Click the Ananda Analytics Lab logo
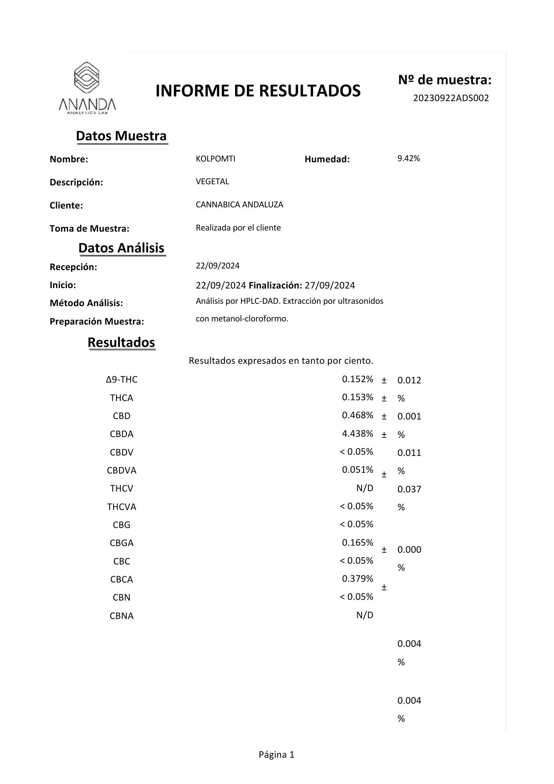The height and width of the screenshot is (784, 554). click(87, 88)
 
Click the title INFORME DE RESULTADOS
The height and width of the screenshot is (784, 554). click(258, 91)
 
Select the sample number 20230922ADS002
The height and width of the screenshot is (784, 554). click(451, 98)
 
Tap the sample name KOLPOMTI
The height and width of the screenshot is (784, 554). click(215, 159)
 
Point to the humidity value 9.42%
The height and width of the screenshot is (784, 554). click(409, 158)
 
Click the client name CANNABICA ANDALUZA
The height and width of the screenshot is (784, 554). click(239, 205)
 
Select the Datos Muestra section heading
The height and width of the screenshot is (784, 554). click(121, 136)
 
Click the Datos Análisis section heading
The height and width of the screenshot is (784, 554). click(121, 248)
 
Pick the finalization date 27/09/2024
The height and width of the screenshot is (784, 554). click(330, 285)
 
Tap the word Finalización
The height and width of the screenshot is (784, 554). click(275, 285)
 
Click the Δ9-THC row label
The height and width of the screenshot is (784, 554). click(121, 379)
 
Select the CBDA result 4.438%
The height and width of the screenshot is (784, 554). click(357, 434)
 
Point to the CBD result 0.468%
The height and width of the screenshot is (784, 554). click(357, 415)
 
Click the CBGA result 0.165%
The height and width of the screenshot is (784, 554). click(357, 543)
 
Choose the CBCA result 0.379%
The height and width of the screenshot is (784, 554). click(357, 579)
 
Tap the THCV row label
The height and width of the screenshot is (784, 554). click(121, 488)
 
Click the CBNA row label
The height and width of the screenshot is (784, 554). click(121, 616)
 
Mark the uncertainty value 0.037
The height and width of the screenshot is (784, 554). click(409, 489)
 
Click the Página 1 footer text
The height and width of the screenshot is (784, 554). click(276, 755)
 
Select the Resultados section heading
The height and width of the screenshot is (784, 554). click(121, 343)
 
